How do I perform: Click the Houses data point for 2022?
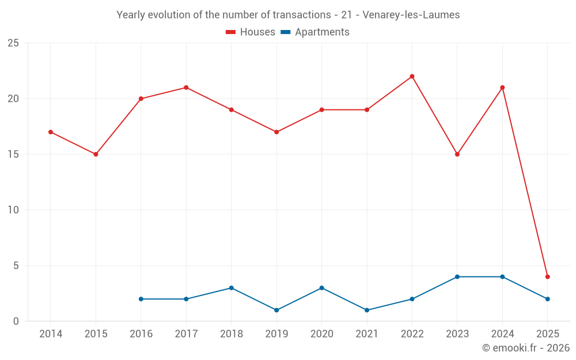click(412, 77)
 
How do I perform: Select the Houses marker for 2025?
click(548, 277)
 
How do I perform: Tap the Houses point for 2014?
click(51, 132)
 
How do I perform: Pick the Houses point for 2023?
click(457, 154)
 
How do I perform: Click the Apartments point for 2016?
click(141, 299)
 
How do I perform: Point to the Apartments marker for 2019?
click(276, 310)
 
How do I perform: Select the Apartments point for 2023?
click(457, 277)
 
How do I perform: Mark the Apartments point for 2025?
click(548, 299)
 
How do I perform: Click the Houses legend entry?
click(251, 32)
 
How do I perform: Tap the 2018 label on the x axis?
click(231, 334)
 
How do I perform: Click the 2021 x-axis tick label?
click(367, 334)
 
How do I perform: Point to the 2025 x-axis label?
click(548, 334)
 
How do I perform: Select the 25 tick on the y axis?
click(13, 43)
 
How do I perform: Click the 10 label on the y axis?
click(13, 210)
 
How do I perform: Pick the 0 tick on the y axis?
click(16, 321)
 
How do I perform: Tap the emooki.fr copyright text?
click(526, 348)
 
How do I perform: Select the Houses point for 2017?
click(186, 88)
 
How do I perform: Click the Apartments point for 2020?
click(321, 288)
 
